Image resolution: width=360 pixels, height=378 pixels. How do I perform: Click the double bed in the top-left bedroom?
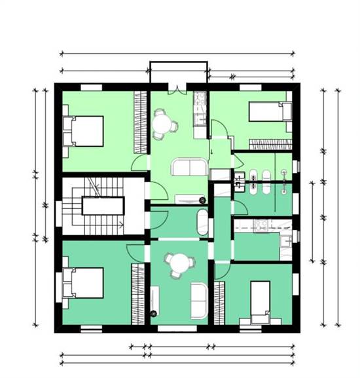coord(84,131)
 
